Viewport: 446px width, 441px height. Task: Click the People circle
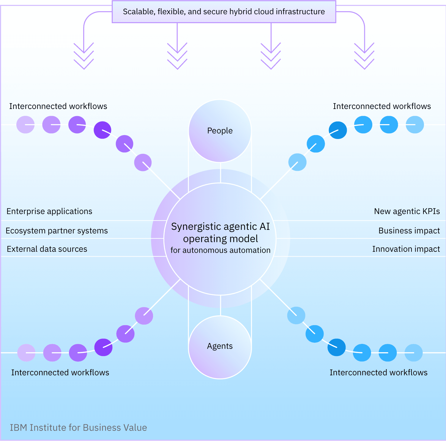click(220, 131)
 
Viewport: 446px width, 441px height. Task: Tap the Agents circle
click(220, 346)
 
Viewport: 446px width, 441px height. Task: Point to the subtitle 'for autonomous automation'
click(220, 250)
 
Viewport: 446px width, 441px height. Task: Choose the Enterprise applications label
click(49, 211)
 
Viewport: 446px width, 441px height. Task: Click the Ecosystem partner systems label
click(56, 231)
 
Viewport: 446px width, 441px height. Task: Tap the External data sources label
click(47, 249)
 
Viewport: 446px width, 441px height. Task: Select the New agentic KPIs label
click(407, 211)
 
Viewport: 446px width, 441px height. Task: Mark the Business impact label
click(409, 231)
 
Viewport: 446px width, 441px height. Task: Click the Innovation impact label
click(406, 249)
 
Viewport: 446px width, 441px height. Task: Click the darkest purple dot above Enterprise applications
click(103, 130)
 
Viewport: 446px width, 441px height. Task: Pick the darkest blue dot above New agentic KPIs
click(338, 130)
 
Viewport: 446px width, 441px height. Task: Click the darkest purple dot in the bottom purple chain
click(103, 347)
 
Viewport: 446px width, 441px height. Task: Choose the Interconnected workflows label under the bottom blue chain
click(378, 373)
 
